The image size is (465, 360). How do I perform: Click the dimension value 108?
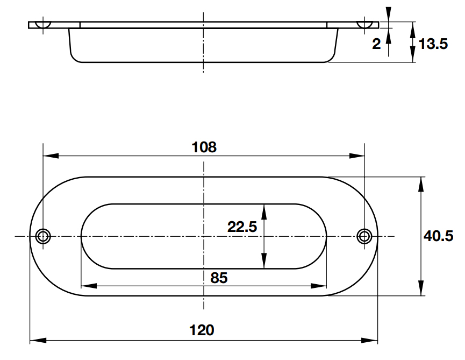tap(204, 147)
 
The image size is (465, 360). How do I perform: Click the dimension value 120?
tap(202, 330)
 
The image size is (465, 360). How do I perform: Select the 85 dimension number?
tap(219, 278)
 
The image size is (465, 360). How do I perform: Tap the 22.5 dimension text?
tap(242, 227)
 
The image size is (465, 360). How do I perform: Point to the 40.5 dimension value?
tap(438, 236)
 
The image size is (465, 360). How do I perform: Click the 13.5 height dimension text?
tap(433, 44)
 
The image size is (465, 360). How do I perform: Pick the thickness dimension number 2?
tap(376, 44)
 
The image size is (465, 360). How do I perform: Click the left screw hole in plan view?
tap(43, 237)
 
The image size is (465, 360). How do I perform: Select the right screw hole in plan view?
tap(364, 237)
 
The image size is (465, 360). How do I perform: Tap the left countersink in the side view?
tap(43, 25)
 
